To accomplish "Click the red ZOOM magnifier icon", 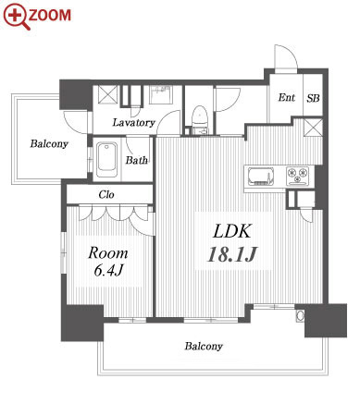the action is pyautogui.click(x=17, y=17).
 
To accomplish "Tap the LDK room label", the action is pyautogui.click(x=232, y=231).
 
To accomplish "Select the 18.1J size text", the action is pyautogui.click(x=232, y=254).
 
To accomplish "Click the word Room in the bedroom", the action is pyautogui.click(x=107, y=253).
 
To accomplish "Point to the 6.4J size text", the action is pyautogui.click(x=108, y=270).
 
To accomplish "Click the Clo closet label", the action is pyautogui.click(x=106, y=194).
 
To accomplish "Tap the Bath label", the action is pyautogui.click(x=136, y=160).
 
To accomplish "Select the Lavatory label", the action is pyautogui.click(x=133, y=123).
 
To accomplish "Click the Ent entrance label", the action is pyautogui.click(x=287, y=98).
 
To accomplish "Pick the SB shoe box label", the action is pyautogui.click(x=313, y=98).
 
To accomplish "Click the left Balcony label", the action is pyautogui.click(x=49, y=144).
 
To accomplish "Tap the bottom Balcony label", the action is pyautogui.click(x=204, y=347).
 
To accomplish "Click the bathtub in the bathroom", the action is pyautogui.click(x=106, y=159).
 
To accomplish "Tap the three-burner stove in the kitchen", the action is pyautogui.click(x=298, y=176).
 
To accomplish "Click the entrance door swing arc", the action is pyautogui.click(x=290, y=55).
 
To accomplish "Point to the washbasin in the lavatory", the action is pyautogui.click(x=160, y=94).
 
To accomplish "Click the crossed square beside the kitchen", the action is pyautogui.click(x=313, y=128).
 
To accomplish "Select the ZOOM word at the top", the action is pyautogui.click(x=50, y=15).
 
